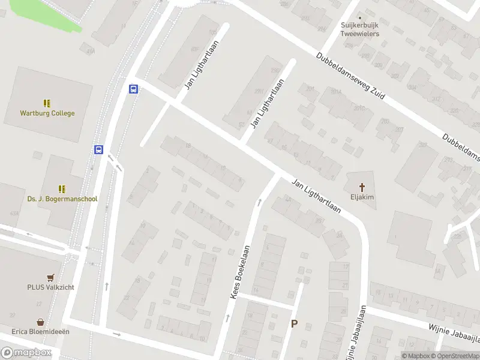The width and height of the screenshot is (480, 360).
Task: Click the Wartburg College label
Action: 47,113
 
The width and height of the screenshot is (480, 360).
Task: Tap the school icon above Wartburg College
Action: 47,103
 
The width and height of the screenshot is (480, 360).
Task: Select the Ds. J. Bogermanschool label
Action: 62,199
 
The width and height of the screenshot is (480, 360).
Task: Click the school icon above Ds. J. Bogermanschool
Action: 62,189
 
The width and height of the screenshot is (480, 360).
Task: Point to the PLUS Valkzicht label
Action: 50,287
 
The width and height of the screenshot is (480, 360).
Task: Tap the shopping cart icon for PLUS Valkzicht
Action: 50,278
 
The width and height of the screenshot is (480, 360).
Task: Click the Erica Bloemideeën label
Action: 40,331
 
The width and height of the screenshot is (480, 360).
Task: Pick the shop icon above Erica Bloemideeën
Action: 40,322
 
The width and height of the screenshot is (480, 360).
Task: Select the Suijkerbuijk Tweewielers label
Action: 360,30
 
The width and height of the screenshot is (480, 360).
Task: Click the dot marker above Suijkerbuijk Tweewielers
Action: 360,17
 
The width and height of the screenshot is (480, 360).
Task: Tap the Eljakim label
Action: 362,196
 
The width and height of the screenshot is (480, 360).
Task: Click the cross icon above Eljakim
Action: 362,186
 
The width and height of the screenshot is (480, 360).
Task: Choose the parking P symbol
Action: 294,324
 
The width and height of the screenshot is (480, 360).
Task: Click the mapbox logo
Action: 26,352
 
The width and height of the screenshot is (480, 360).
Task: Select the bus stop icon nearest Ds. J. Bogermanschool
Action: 98,149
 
